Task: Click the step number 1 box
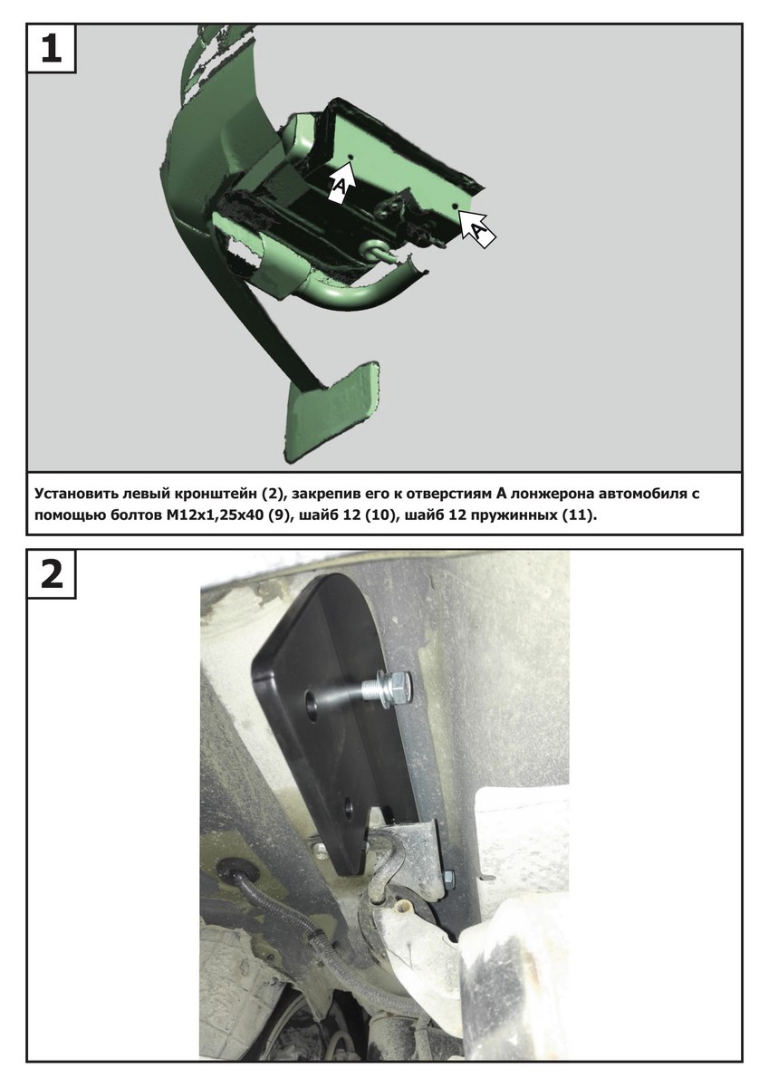point(51,48)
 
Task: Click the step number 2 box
point(51,574)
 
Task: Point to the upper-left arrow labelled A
point(342,181)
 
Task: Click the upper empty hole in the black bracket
point(310,702)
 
